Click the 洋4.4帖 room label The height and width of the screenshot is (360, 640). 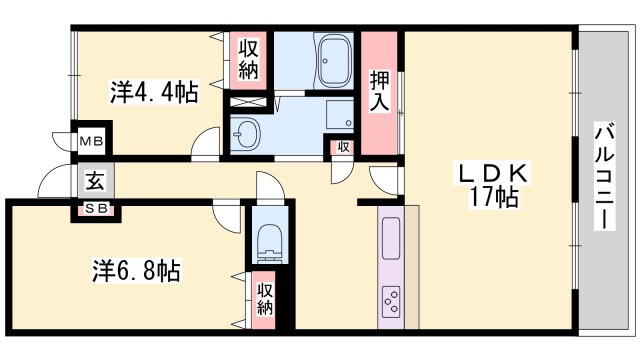[x=153, y=93]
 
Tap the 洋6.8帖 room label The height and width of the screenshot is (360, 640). [x=138, y=270]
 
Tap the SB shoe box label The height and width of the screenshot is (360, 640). [x=96, y=208]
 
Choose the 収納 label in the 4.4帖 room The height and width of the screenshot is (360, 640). [x=249, y=60]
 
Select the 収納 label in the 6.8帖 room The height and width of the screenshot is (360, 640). [x=264, y=298]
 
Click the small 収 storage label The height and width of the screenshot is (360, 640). [x=342, y=147]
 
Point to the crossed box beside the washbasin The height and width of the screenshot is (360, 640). [x=247, y=100]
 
